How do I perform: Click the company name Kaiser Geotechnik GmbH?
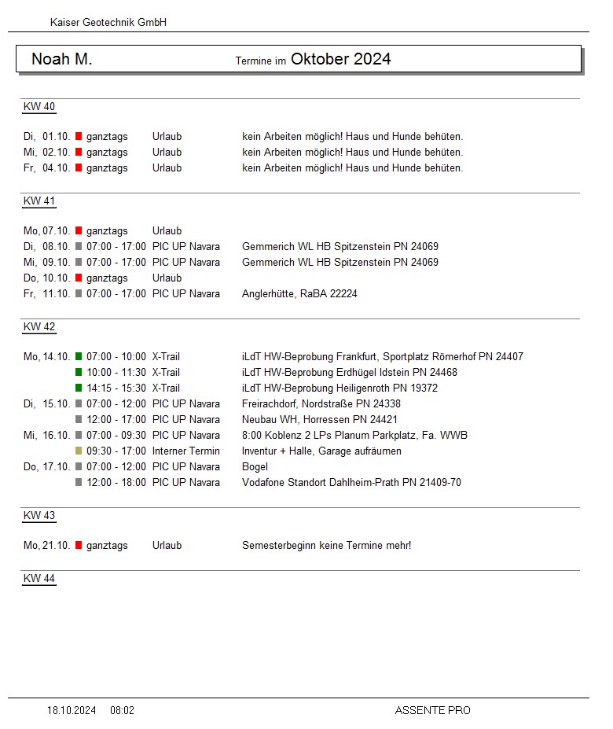tap(108, 23)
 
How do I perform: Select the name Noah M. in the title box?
tap(62, 60)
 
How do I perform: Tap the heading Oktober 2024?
tap(340, 59)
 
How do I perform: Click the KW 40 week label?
tap(39, 107)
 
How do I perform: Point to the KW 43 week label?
tap(39, 516)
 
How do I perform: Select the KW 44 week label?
tap(39, 579)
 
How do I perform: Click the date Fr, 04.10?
tap(47, 168)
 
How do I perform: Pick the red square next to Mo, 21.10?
tap(79, 545)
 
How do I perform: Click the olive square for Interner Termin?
tap(79, 451)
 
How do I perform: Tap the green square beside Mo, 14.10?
tap(79, 356)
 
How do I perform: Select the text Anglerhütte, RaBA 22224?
tap(299, 293)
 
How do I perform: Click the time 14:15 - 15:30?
tap(116, 388)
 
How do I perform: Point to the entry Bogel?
tap(255, 466)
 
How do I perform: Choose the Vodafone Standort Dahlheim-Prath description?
tap(351, 482)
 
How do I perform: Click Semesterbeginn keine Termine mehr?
tap(326, 545)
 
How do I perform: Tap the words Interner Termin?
tap(186, 451)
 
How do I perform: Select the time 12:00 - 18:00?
tap(116, 482)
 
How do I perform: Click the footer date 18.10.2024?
tap(72, 710)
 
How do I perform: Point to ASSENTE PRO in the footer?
tap(432, 710)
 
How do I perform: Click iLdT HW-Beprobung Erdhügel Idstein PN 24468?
tap(350, 372)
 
